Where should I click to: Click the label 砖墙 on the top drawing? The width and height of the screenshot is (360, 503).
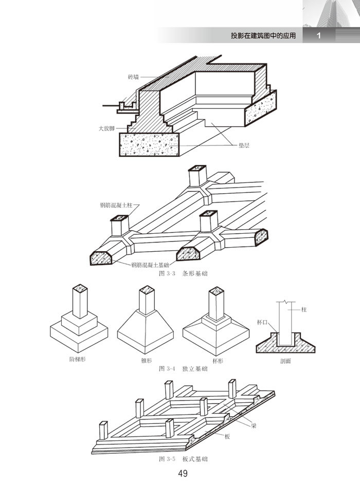click(133, 77)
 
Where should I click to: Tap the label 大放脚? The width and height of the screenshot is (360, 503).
click(106, 128)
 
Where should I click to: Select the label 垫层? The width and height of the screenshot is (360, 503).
click(244, 145)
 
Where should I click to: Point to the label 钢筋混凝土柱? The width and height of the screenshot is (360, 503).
click(116, 205)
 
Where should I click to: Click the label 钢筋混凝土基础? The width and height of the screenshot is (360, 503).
click(150, 265)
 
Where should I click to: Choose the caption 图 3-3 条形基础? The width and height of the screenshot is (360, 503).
click(184, 274)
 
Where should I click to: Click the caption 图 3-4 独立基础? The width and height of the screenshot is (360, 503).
click(184, 368)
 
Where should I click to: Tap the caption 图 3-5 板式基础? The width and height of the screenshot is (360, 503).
click(184, 459)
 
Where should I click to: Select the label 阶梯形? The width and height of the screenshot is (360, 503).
click(77, 359)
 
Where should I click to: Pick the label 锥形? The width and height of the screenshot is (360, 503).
click(147, 361)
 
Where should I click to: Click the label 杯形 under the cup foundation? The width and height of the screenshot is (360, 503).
click(218, 361)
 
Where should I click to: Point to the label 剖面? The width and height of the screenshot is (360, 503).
click(285, 361)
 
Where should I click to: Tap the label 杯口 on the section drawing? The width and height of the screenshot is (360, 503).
click(262, 322)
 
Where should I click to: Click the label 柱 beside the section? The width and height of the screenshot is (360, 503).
click(304, 310)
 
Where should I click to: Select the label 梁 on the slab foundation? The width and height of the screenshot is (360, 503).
click(254, 426)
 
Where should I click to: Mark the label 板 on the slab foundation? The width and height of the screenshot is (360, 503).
click(227, 436)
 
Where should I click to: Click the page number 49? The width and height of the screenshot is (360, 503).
click(183, 474)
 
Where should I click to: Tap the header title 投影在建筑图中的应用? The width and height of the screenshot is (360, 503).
click(263, 35)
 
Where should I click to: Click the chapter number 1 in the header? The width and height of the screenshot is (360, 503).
click(318, 35)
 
